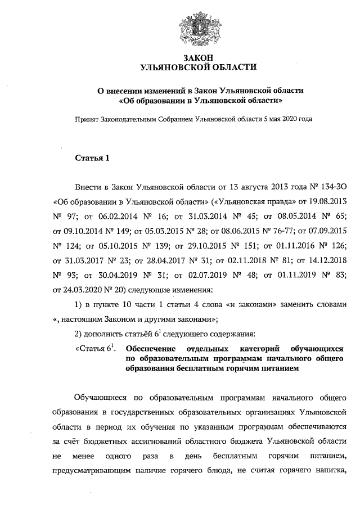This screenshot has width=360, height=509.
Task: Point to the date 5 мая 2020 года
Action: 287,119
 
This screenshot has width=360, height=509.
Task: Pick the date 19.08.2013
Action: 327,201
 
